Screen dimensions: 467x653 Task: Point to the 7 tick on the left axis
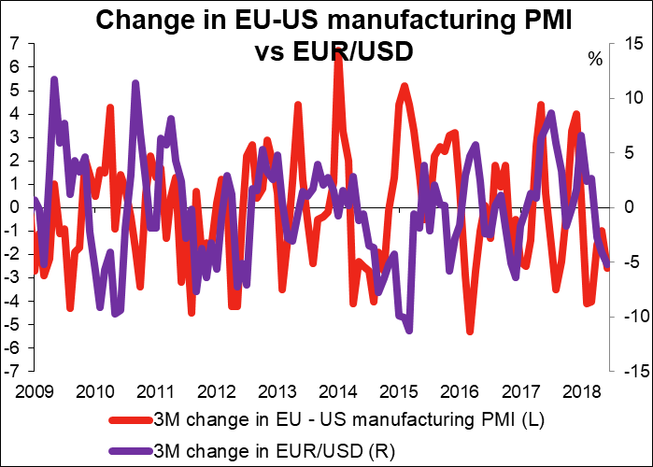tap(18, 44)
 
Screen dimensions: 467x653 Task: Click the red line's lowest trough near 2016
tap(470, 331)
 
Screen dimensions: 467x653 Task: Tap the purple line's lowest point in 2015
tap(409, 329)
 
